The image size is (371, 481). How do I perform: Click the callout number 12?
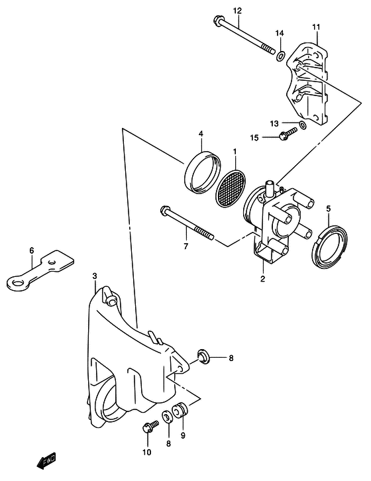point(219,11)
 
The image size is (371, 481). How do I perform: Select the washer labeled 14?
point(281,55)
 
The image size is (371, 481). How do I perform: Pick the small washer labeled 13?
point(302,125)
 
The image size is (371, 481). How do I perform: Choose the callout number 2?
point(262,280)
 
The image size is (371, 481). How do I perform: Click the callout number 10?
point(146,453)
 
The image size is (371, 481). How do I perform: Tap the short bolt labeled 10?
point(147,428)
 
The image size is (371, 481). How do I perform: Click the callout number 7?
point(186,247)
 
